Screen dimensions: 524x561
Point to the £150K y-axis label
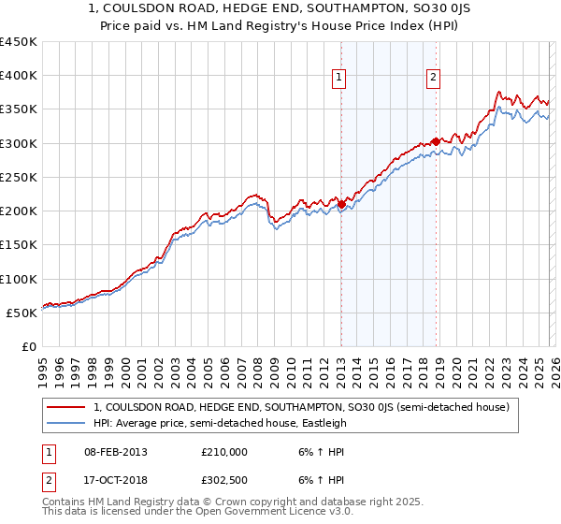click(x=19, y=245)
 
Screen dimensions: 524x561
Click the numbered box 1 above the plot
click(x=338, y=79)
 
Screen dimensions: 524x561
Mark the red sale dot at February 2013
click(x=341, y=204)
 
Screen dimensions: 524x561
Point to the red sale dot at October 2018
click(x=436, y=141)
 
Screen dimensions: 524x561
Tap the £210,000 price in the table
click(x=224, y=451)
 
